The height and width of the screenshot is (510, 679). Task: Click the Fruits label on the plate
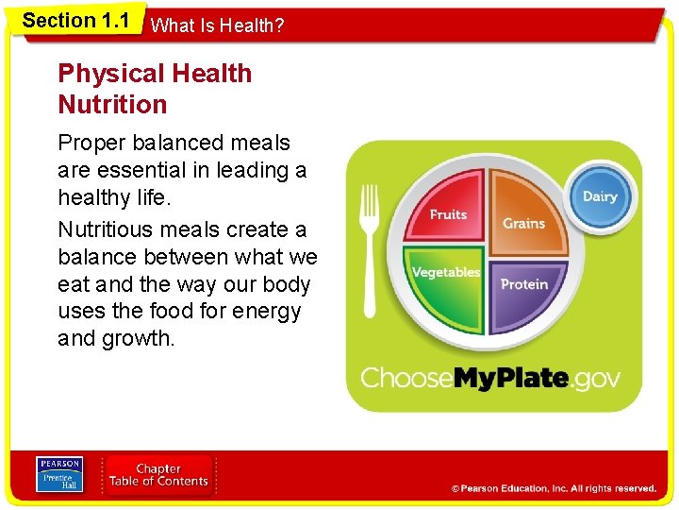(448, 215)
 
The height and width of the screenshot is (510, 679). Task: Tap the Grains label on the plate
(523, 224)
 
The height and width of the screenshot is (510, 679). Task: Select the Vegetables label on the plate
(445, 272)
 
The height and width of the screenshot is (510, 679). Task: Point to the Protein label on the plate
(524, 284)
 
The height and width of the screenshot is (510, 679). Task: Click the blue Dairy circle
(600, 196)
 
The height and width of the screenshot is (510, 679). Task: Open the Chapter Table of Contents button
(158, 475)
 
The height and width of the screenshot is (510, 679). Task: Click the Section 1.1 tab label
(75, 21)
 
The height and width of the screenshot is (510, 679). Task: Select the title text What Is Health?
(217, 25)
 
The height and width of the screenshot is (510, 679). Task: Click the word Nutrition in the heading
(112, 104)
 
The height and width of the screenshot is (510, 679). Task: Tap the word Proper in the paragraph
(92, 144)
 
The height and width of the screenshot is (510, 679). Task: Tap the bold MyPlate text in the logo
(512, 379)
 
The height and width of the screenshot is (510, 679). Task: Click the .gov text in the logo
(597, 379)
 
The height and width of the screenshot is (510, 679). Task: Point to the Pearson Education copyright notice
(554, 488)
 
